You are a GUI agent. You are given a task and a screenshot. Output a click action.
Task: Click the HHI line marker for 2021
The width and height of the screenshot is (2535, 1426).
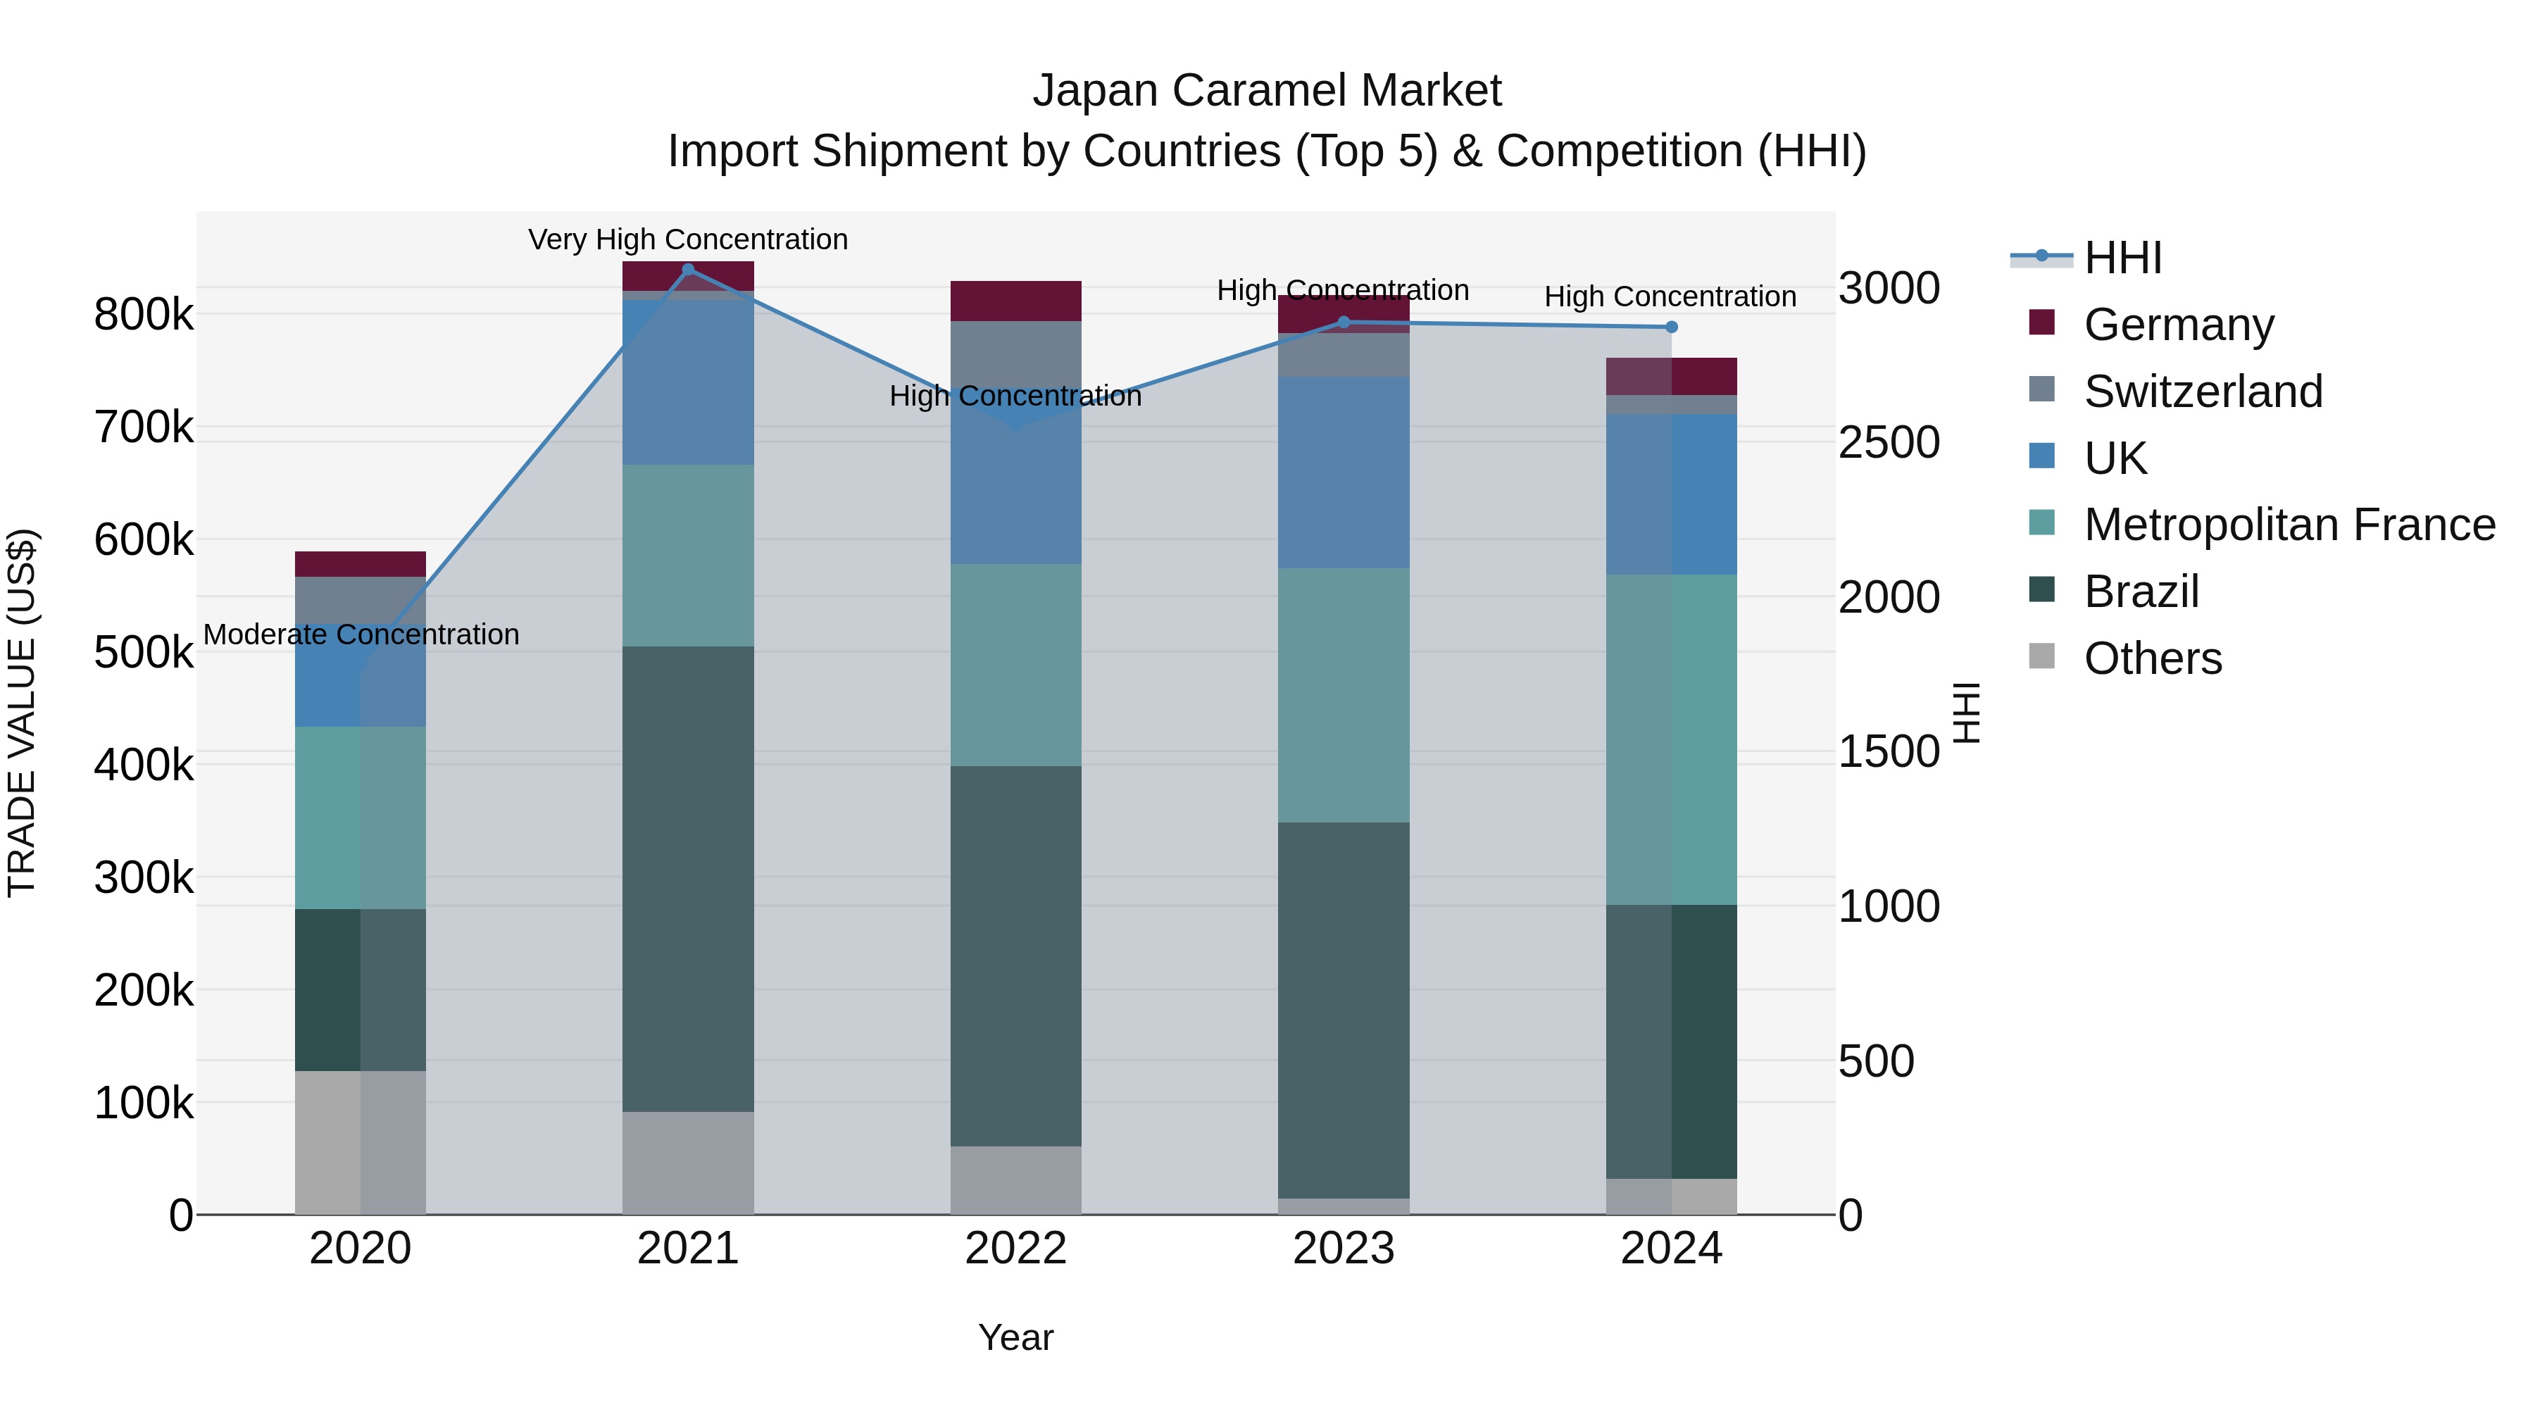pyautogui.click(x=688, y=270)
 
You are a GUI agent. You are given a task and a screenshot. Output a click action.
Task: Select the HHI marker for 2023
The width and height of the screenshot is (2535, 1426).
pyautogui.click(x=1344, y=323)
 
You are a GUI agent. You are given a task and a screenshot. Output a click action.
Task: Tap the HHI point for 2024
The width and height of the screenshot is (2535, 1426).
pyautogui.click(x=1671, y=327)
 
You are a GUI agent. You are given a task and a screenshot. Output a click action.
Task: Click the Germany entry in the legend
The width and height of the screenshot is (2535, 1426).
pyautogui.click(x=2178, y=325)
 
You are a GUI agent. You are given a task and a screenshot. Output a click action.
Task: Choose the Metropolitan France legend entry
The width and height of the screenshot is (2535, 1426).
pyautogui.click(x=2289, y=525)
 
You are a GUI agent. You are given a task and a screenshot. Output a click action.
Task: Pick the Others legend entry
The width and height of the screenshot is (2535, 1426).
pyautogui.click(x=2152, y=658)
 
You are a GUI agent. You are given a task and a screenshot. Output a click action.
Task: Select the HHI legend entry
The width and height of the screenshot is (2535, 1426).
pyautogui.click(x=2122, y=258)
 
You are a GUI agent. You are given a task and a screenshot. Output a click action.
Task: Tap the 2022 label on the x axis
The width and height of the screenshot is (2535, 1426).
pyautogui.click(x=1015, y=1249)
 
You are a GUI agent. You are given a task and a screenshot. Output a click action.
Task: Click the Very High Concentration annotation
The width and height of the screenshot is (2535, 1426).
pyautogui.click(x=688, y=239)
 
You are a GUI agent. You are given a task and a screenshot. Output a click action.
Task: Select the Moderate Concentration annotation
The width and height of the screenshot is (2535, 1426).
pyautogui.click(x=361, y=634)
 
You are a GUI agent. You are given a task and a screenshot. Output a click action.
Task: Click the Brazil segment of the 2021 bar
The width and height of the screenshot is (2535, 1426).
pyautogui.click(x=688, y=878)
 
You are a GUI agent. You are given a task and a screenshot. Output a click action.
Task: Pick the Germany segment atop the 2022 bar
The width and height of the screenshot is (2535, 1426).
pyautogui.click(x=1015, y=301)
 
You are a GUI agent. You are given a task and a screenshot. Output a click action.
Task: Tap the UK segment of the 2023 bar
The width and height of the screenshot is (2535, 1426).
pyautogui.click(x=1344, y=473)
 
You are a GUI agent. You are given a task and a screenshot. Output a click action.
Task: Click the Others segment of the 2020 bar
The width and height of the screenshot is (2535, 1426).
pyautogui.click(x=360, y=1142)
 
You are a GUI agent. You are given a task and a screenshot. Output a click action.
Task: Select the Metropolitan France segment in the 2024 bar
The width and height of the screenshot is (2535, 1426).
pyautogui.click(x=1671, y=739)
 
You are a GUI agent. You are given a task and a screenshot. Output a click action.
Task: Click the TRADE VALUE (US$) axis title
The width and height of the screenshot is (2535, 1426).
pyautogui.click(x=22, y=713)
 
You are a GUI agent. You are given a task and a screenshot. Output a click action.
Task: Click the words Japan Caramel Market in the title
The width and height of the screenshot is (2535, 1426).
pyautogui.click(x=1267, y=91)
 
